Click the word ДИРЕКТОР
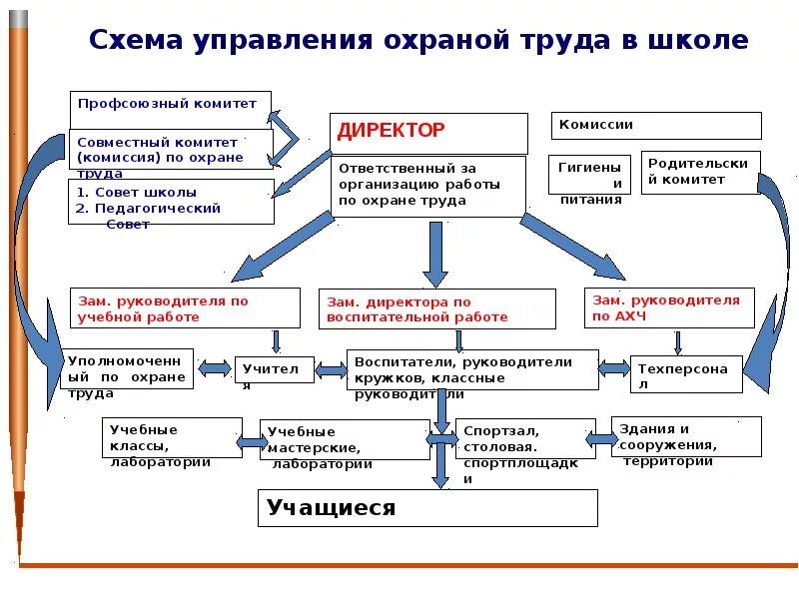click(392, 131)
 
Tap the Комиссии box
click(656, 125)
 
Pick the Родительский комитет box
click(700, 172)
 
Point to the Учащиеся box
click(427, 508)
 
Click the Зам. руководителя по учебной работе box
click(185, 307)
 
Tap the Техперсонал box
click(686, 374)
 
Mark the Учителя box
click(274, 369)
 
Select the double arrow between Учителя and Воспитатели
click(331, 369)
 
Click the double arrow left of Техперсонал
click(614, 369)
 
